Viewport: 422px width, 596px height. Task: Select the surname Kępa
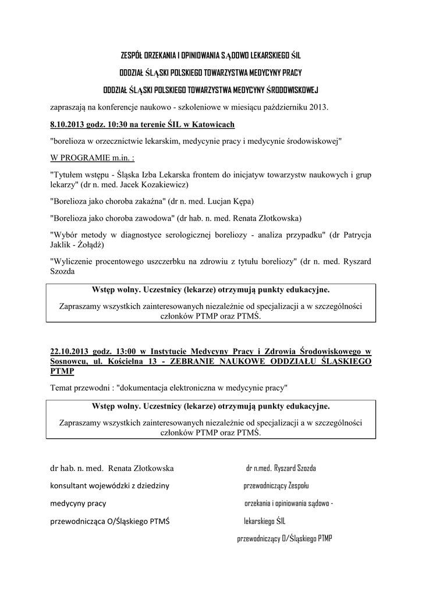pyautogui.click(x=242, y=201)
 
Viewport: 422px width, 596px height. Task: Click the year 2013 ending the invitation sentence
pyautogui.click(x=317, y=107)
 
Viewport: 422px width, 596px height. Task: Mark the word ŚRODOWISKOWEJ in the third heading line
pyautogui.click(x=292, y=90)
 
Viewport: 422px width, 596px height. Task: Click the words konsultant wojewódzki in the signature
pyautogui.click(x=88, y=485)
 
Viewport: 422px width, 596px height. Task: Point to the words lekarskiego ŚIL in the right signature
pyautogui.click(x=265, y=521)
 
